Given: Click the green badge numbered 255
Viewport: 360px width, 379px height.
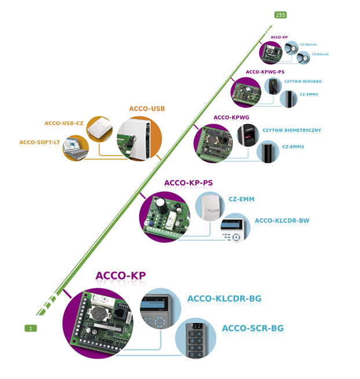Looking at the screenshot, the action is click(281, 15).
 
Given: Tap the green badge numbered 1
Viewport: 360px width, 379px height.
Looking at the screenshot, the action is click(31, 328).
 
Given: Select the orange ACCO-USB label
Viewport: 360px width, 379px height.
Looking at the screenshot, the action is click(147, 109).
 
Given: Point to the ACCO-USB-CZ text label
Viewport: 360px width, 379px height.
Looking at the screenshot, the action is click(64, 123).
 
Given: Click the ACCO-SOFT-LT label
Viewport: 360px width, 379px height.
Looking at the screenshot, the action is click(40, 142).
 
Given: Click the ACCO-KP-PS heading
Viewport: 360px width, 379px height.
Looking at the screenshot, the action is click(189, 183).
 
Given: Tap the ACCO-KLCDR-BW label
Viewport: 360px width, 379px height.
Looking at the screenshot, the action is click(282, 220).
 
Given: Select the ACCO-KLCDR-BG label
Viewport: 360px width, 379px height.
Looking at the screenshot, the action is click(225, 299).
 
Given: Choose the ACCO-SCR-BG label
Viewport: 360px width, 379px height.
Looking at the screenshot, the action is click(253, 328).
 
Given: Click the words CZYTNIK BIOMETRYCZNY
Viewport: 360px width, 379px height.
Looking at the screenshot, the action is click(292, 130).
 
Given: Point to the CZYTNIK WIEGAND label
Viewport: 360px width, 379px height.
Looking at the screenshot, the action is click(303, 82).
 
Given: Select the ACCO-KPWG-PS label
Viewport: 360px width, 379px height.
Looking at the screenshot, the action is click(265, 72).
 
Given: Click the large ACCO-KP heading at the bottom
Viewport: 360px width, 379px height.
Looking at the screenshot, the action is click(120, 276).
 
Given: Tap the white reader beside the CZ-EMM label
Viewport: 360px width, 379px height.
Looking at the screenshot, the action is click(210, 205).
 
